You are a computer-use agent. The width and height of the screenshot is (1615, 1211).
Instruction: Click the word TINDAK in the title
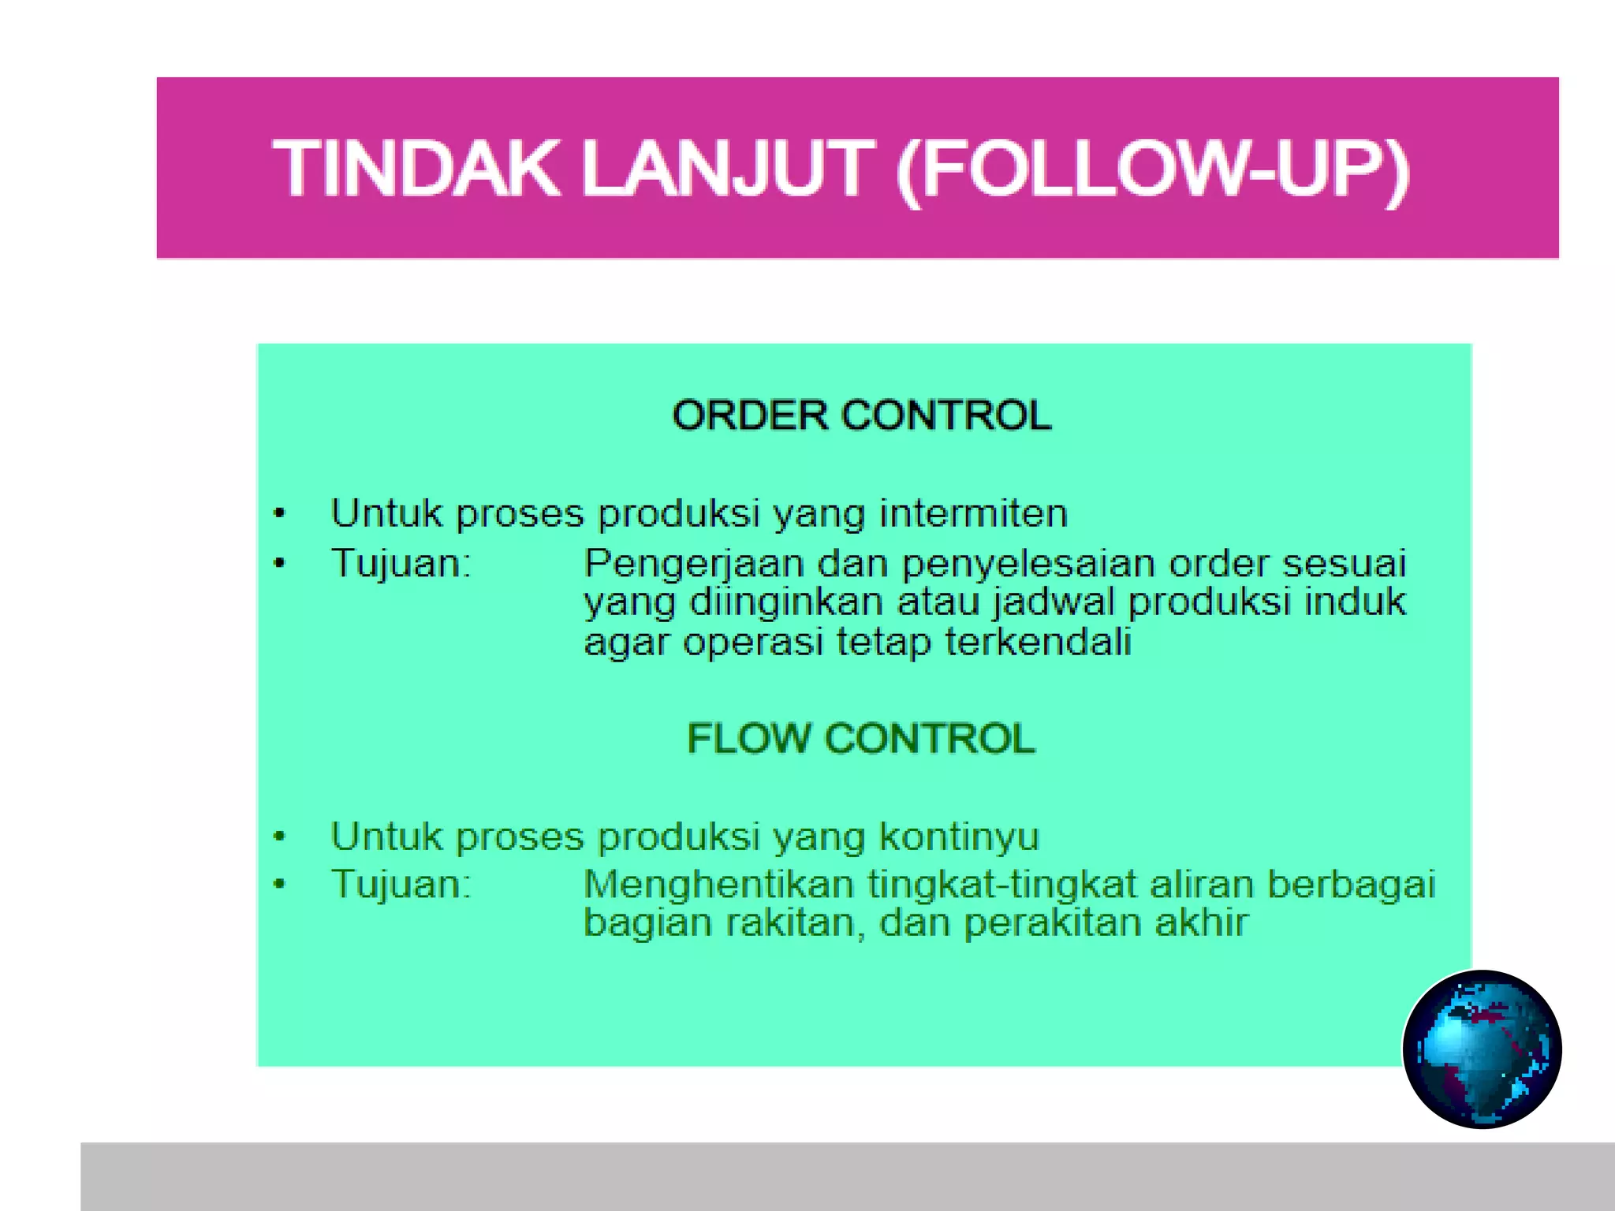click(x=416, y=169)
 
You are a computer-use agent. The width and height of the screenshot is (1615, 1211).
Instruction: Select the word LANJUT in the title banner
click(x=727, y=169)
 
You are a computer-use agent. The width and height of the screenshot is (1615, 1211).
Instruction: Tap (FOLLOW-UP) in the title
click(x=1153, y=169)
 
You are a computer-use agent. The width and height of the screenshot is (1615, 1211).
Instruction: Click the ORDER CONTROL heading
click(x=861, y=415)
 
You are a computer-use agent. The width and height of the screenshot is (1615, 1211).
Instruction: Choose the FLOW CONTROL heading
click(x=860, y=739)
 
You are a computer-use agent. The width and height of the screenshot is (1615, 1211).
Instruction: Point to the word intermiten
click(x=974, y=513)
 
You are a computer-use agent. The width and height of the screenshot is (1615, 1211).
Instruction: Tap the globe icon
click(x=1482, y=1049)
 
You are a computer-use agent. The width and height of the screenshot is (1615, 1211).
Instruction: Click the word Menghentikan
click(x=718, y=885)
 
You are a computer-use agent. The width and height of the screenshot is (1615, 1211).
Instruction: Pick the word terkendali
click(x=1038, y=642)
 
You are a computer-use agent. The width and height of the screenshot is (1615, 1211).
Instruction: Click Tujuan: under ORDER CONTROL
click(x=401, y=565)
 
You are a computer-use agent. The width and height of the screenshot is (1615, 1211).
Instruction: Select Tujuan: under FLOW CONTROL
click(x=401, y=885)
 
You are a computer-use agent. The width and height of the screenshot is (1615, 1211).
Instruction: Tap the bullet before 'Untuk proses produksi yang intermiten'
click(x=279, y=514)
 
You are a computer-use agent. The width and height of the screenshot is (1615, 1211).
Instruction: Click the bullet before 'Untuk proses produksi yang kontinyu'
click(x=279, y=837)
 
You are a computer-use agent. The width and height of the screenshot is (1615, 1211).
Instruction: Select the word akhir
click(x=1202, y=922)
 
